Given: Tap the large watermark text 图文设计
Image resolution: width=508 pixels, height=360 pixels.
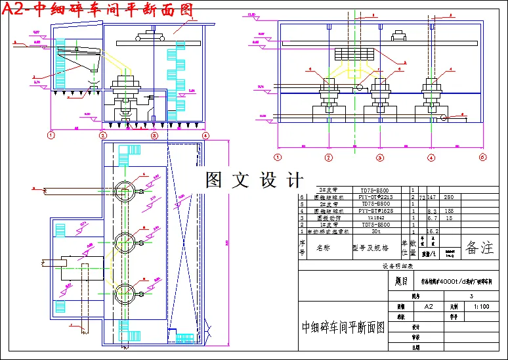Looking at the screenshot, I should tap(255, 179).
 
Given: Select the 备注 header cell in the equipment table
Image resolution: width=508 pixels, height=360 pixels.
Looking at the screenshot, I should tap(480, 248).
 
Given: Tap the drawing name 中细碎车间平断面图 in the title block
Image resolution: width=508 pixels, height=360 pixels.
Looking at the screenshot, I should tap(343, 326).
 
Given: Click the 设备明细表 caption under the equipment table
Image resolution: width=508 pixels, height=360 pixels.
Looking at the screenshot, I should tap(396, 266).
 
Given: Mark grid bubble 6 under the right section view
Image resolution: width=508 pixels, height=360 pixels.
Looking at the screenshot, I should tap(482, 157).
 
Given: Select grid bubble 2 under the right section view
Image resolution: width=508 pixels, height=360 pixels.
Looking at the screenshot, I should tap(329, 157).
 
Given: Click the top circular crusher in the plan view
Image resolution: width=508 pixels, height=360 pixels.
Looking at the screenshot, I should tap(125, 192).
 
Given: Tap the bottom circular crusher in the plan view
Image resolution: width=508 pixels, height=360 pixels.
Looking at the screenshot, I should tap(125, 292).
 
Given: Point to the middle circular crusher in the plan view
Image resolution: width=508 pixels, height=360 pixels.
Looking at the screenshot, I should tap(125, 243).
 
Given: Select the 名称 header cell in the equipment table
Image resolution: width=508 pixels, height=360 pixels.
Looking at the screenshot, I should tap(324, 248).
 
